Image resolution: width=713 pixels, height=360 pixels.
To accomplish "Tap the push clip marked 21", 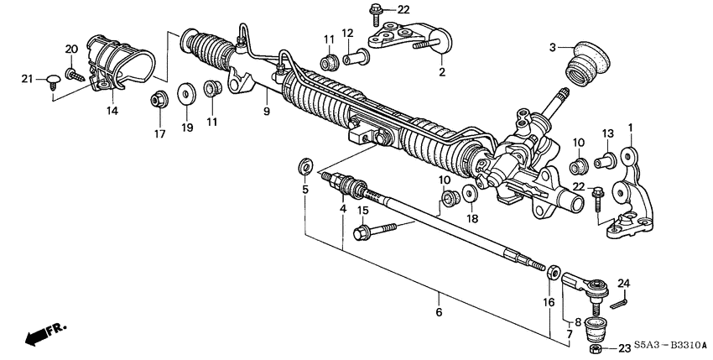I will [x=55, y=80].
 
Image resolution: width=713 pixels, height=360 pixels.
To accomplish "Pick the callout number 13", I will [x=608, y=134].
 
